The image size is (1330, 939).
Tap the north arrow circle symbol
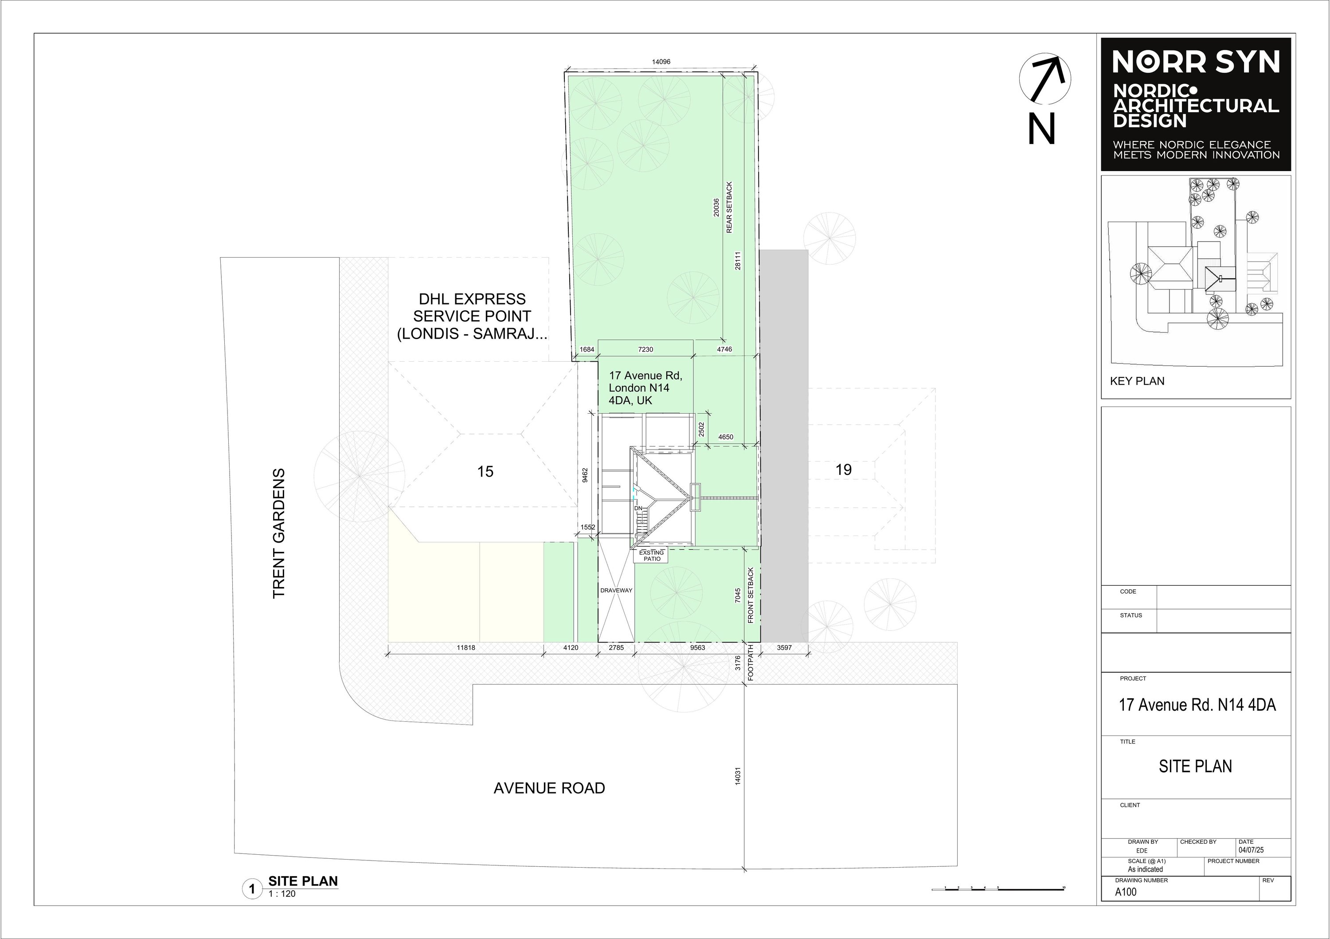1045,79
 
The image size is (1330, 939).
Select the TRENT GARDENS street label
278,533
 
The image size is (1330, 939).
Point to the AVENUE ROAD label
549,788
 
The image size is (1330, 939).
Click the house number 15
485,472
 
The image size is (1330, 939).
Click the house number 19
843,470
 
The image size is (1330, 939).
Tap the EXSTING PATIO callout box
652,556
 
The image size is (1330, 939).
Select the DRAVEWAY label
616,590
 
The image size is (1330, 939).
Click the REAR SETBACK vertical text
729,207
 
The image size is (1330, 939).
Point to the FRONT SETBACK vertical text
751,595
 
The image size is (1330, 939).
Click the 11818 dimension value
466,648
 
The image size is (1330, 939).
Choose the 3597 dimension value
784,648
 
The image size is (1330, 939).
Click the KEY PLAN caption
1137,381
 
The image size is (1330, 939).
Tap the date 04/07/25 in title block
1251,850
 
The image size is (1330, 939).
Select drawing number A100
1126,892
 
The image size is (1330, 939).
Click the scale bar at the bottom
998,888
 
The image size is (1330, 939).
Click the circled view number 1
252,889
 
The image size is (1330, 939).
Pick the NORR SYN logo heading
1196,63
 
